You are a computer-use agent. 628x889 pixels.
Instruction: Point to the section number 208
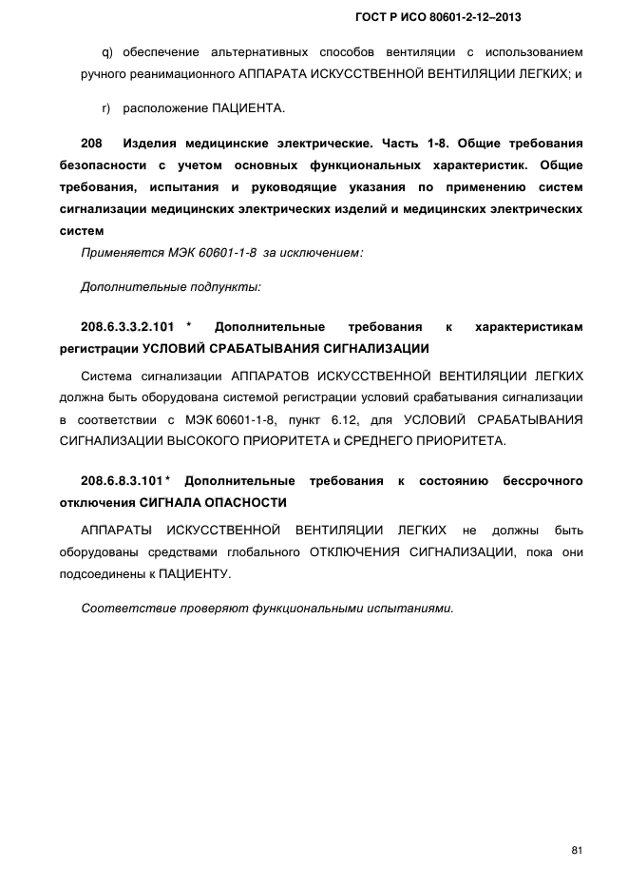coord(91,144)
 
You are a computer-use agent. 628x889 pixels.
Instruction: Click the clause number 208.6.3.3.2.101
coord(127,326)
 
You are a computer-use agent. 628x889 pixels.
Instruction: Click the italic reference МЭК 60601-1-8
coord(199,252)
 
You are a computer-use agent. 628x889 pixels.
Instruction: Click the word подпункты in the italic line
coord(224,285)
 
